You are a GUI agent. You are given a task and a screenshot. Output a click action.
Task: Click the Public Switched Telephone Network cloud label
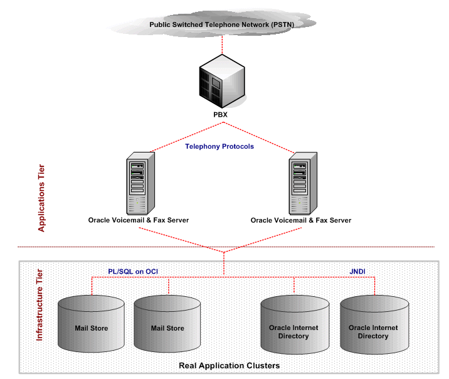coord(221,24)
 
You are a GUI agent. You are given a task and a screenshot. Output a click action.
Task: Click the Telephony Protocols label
coord(219,146)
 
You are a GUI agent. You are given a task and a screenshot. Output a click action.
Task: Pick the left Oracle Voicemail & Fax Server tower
coord(139,182)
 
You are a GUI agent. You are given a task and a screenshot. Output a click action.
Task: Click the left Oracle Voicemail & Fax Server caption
coord(139,220)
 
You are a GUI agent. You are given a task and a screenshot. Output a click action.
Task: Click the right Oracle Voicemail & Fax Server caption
coord(301,220)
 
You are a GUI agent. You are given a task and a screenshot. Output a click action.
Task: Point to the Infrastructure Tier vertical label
coord(40,305)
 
